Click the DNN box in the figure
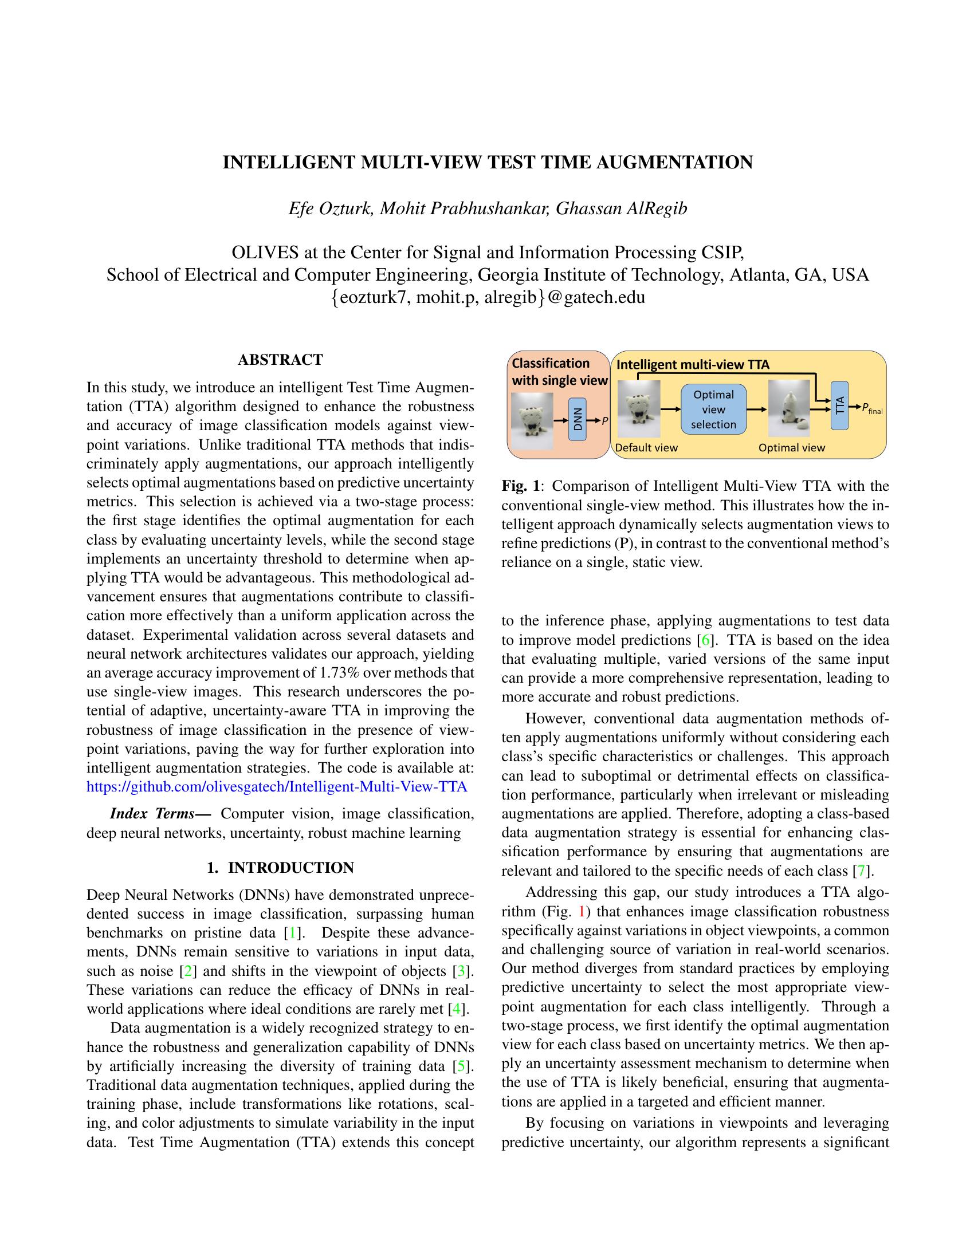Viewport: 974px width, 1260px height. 578,419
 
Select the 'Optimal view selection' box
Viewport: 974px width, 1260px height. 713,410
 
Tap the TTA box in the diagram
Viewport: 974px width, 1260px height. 839,405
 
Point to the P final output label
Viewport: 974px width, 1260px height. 872,409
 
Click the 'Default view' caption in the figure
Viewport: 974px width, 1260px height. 646,448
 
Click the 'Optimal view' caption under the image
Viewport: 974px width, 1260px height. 791,448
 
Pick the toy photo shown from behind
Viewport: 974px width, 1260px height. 789,409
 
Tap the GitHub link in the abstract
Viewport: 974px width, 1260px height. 276,787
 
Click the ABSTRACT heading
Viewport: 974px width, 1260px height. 280,360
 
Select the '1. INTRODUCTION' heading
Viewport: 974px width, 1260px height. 280,868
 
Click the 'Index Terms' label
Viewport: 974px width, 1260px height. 160,814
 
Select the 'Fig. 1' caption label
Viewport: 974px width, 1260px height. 520,486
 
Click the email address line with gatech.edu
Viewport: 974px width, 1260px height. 488,297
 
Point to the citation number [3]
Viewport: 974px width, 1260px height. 461,971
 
